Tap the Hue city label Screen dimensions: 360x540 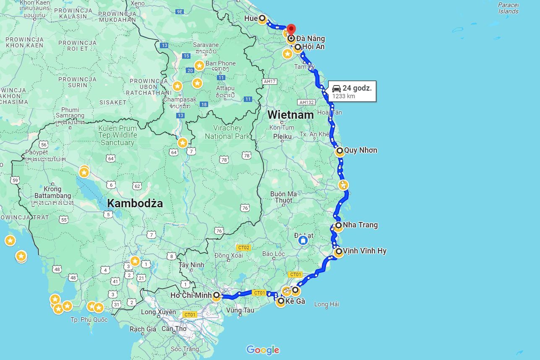(251, 18)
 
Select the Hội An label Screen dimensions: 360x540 (313, 47)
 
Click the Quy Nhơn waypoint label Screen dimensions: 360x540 (360, 150)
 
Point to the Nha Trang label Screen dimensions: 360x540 (360, 225)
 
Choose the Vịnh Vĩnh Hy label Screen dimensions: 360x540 (364, 251)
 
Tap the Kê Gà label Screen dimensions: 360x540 (295, 301)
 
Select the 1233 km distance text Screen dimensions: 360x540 (344, 96)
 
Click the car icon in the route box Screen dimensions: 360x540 (337, 88)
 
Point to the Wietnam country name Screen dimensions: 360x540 (290, 115)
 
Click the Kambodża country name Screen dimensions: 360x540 (135, 203)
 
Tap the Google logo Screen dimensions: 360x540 (263, 350)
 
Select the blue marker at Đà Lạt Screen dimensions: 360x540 (302, 241)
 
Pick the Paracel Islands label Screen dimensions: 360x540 (508, 8)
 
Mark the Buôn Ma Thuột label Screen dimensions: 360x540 (284, 197)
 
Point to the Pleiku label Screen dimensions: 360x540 (282, 136)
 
